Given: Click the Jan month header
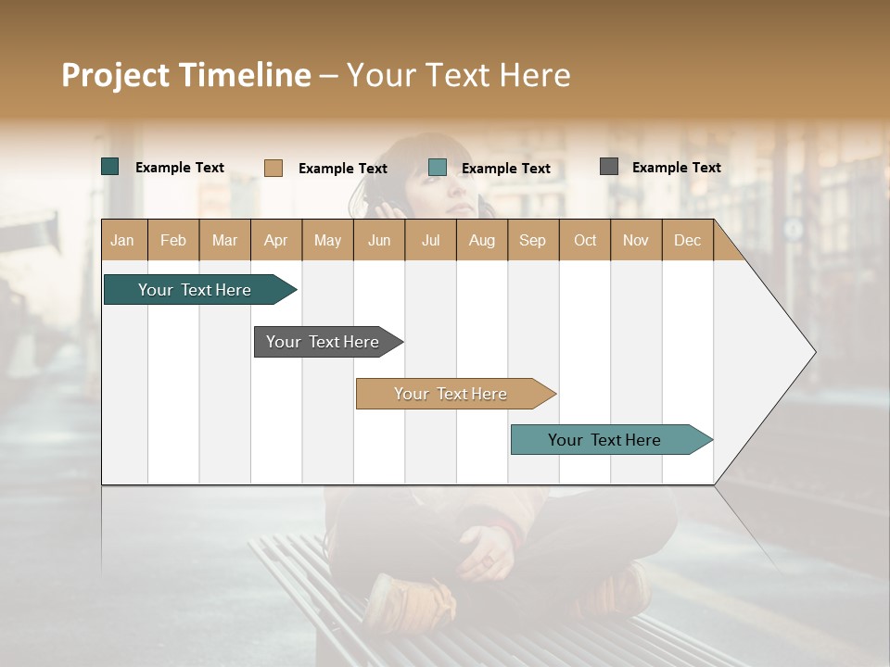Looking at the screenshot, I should tap(122, 240).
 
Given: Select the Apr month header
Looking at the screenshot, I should tap(275, 240).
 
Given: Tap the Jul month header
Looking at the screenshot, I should tap(430, 240).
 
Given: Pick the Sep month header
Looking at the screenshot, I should tap(532, 240).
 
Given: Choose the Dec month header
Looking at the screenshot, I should tap(687, 240).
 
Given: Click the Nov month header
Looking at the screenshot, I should tap(635, 240).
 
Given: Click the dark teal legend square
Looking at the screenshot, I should tap(110, 167).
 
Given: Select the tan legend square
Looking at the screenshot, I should tap(273, 168).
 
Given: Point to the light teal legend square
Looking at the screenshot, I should tap(438, 168).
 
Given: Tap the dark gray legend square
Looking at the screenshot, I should tap(609, 167).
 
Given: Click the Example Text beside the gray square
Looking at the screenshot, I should tap(676, 168).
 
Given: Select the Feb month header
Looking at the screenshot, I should tap(173, 240).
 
